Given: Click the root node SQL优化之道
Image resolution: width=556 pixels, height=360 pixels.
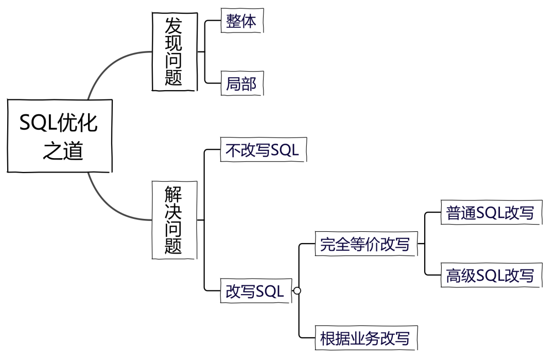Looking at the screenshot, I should [x=59, y=136].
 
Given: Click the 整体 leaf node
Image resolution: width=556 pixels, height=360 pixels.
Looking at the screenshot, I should [x=241, y=21].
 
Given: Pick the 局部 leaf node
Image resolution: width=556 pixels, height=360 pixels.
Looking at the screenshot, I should [x=241, y=83].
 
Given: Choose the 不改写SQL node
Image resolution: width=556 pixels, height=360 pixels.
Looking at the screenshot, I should [x=263, y=150].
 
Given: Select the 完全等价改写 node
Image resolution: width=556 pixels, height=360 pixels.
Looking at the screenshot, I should [x=365, y=244].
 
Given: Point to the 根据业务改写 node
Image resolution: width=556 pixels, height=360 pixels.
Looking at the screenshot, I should [x=365, y=338].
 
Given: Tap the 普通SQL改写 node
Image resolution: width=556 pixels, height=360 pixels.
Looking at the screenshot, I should [x=491, y=213].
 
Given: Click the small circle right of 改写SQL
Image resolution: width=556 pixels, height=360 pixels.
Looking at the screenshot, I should [x=297, y=291].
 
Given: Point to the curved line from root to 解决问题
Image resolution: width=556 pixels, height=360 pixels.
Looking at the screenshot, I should [x=111, y=203].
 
